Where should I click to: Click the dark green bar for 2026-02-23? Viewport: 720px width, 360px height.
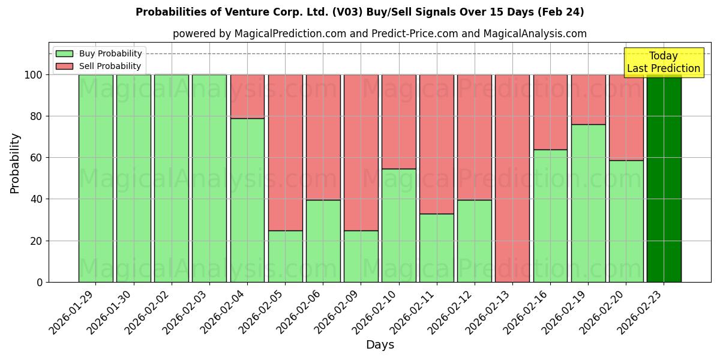pos(664,180)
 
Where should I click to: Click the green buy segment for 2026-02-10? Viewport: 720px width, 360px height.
pos(399,225)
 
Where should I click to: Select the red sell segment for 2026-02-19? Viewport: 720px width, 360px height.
pos(588,99)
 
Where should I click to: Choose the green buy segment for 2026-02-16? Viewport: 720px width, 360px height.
pos(550,215)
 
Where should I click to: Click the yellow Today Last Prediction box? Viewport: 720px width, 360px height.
pos(663,62)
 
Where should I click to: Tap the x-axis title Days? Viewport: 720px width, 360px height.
pos(380,345)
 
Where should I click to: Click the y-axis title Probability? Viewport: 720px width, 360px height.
pos(15,163)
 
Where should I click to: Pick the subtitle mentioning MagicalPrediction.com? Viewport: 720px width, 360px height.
pos(379,34)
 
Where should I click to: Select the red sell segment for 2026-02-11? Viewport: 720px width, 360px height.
pos(437,144)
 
